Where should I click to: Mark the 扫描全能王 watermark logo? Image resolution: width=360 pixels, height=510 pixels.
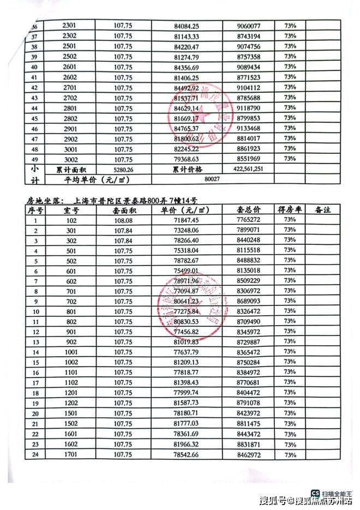316,490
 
